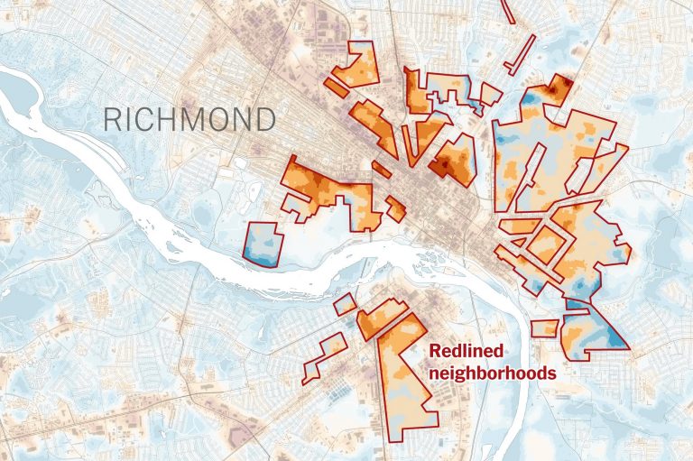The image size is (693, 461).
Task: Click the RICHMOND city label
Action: click(189, 119)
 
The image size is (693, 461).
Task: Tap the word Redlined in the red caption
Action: click(466, 353)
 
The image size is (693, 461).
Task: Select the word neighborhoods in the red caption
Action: click(492, 372)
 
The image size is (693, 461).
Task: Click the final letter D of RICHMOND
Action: click(264, 119)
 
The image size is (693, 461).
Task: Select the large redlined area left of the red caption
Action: click(404, 379)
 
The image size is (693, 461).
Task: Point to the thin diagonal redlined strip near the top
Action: click(522, 53)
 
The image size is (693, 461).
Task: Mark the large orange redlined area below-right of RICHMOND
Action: click(329, 189)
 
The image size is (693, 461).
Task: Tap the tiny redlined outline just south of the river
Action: click(345, 304)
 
